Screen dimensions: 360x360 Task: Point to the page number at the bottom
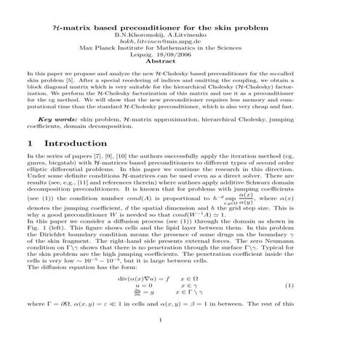tap(179, 338)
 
